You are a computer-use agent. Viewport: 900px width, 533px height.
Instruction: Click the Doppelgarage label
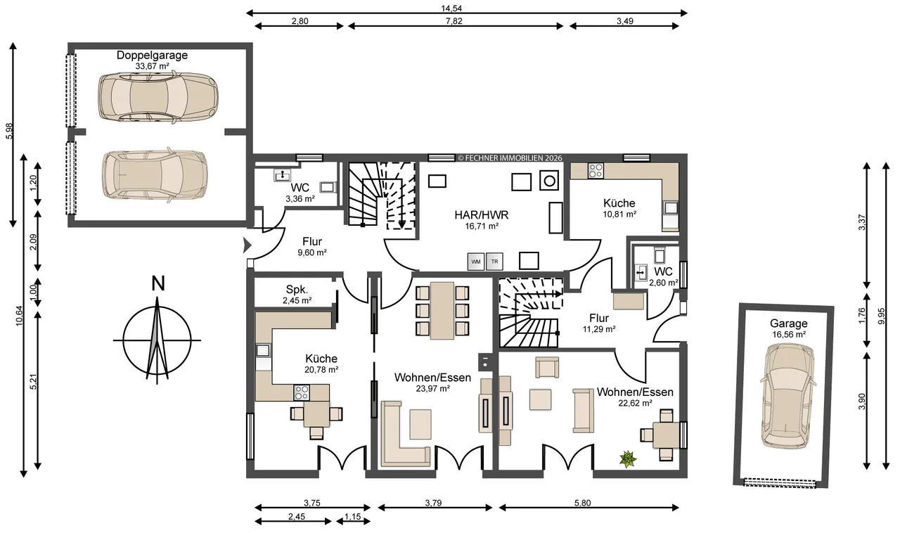click(152, 55)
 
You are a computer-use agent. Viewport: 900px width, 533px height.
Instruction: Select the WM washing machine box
click(476, 262)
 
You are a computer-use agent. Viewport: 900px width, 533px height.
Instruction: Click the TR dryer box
click(494, 262)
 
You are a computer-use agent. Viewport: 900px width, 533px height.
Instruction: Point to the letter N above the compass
click(158, 284)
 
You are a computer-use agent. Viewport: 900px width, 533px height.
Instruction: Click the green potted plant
click(628, 459)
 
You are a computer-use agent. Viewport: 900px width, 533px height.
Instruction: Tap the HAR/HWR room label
click(482, 215)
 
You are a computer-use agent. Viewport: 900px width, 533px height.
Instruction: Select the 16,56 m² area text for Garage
click(789, 335)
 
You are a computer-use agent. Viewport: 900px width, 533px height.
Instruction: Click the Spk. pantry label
click(297, 290)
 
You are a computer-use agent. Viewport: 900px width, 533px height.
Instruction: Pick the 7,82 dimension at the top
click(454, 21)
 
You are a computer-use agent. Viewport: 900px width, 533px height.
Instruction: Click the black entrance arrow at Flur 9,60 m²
click(247, 245)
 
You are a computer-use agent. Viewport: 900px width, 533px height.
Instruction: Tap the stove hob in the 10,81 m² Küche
click(596, 170)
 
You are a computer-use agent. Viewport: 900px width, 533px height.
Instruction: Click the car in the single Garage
click(788, 397)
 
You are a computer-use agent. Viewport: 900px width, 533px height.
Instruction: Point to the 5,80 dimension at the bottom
click(583, 503)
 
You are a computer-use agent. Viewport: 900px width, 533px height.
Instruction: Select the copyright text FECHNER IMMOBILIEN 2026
click(510, 158)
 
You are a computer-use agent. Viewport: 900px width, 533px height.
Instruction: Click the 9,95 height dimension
click(882, 316)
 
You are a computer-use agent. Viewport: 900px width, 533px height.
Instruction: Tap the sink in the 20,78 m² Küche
click(263, 350)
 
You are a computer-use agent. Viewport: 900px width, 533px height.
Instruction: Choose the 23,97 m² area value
click(432, 389)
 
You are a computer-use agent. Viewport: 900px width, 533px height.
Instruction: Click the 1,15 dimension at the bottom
click(353, 517)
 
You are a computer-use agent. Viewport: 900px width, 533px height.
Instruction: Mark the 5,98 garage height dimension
click(9, 131)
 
